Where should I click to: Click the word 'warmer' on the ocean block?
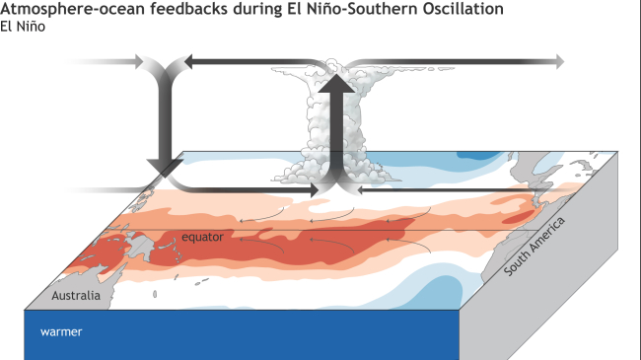pos(61,332)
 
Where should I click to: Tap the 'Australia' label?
pos(77,296)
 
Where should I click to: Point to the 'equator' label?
pos(203,237)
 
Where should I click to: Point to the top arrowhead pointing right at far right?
pos(559,62)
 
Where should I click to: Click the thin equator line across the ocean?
pos(414,230)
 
